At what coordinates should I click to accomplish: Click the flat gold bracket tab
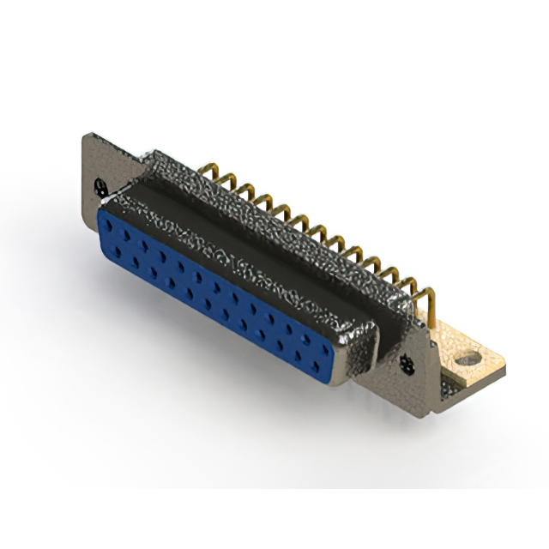pyautogui.click(x=472, y=365)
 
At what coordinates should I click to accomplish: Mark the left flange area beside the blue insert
pyautogui.click(x=94, y=214)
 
